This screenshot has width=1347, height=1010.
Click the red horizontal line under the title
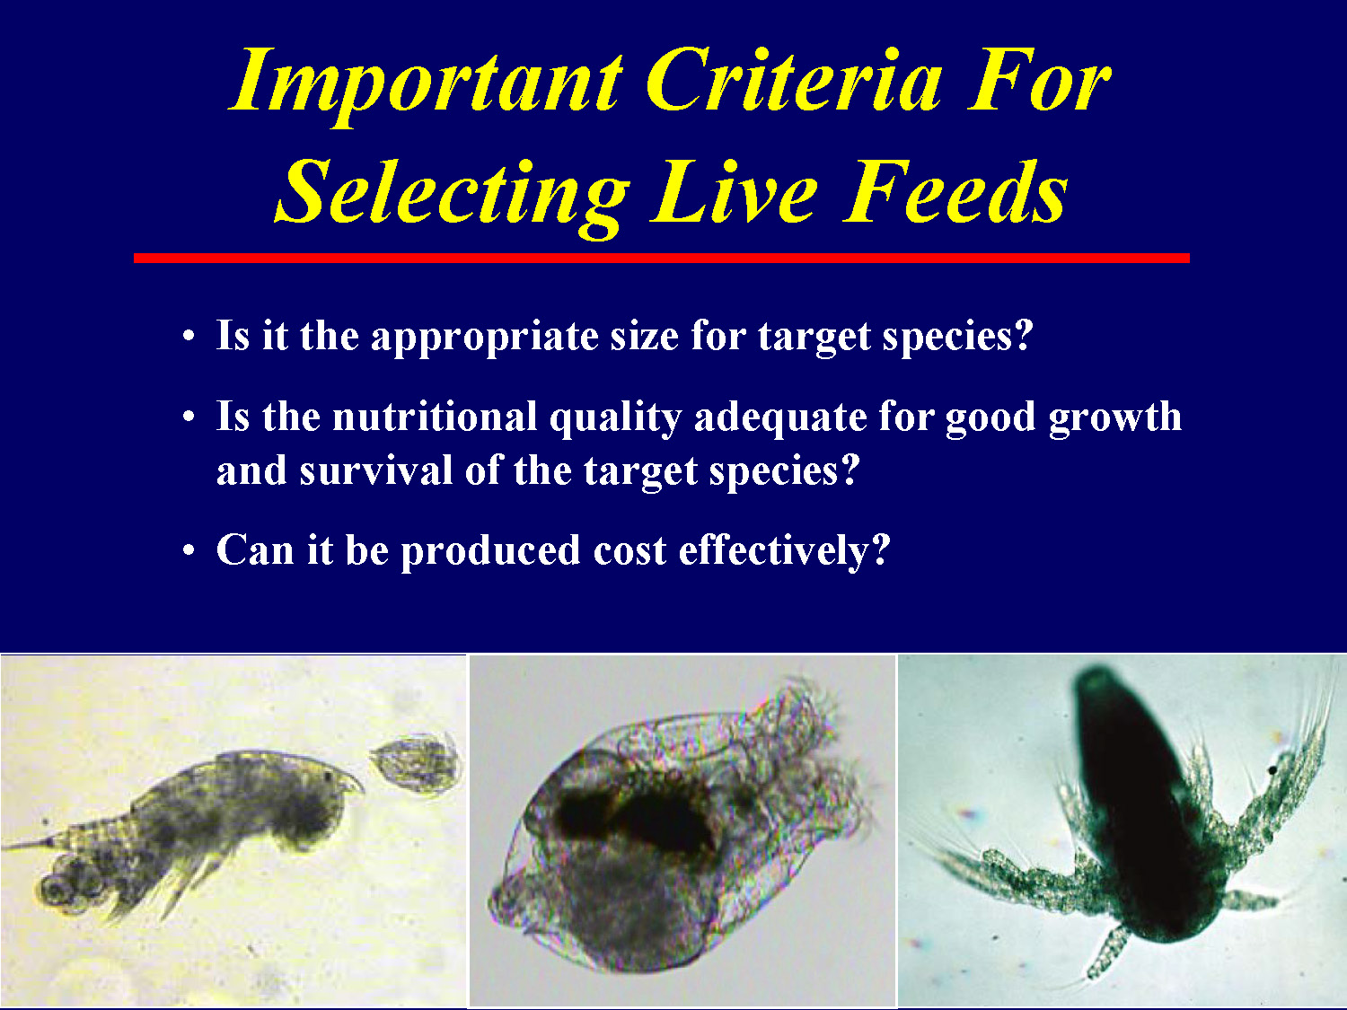click(662, 258)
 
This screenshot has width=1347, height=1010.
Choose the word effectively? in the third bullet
click(784, 550)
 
